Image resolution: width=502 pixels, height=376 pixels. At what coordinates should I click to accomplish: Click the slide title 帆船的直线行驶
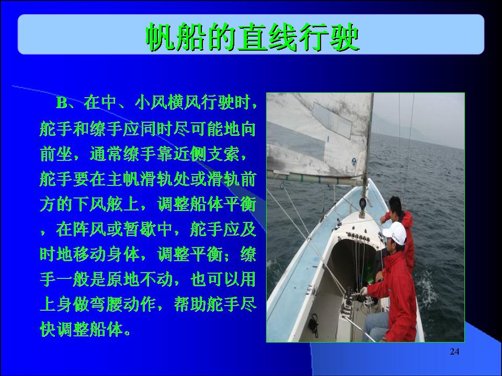click(253, 37)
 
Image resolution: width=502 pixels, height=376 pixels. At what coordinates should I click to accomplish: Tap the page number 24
click(454, 351)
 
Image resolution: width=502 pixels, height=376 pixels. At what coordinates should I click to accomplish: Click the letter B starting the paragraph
click(62, 103)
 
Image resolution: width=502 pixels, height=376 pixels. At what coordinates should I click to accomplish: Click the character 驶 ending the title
click(345, 37)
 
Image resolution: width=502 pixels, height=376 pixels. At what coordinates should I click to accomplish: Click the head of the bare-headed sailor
click(396, 205)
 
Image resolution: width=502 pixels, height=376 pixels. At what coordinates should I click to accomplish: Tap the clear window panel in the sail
click(333, 120)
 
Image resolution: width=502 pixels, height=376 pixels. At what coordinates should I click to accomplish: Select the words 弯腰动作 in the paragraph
click(123, 304)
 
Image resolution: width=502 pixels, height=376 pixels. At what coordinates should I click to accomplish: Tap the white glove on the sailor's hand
click(363, 291)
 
